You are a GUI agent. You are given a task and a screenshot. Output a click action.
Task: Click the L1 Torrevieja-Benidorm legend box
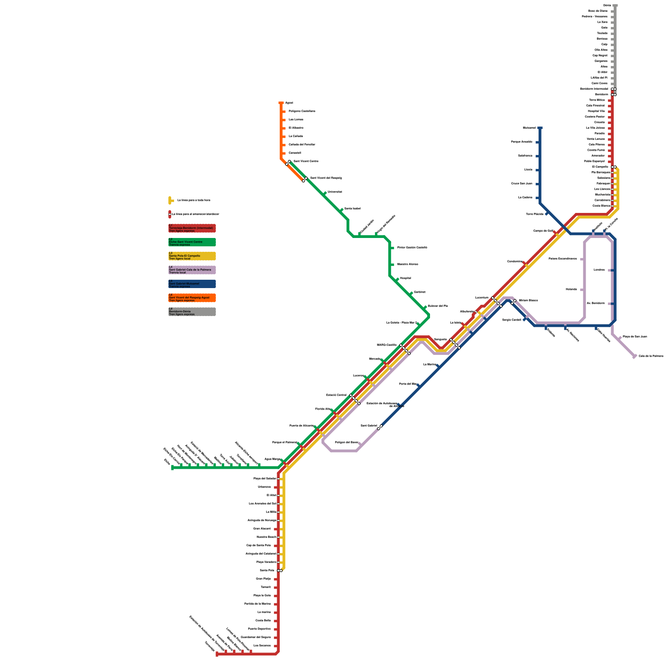pos(192,228)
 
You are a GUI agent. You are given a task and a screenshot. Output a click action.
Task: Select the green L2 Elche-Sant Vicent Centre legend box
pos(192,242)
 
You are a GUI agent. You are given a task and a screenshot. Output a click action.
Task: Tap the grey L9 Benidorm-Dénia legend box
pos(192,312)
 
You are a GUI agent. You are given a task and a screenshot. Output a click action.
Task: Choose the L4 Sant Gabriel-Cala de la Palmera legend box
pos(192,270)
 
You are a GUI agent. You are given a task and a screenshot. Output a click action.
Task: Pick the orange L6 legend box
pos(192,298)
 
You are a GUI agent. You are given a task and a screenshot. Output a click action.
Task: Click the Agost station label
pos(289,103)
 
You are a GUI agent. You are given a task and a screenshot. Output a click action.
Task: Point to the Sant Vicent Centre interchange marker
pos(288,162)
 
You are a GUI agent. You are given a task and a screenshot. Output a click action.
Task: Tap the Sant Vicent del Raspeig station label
pos(326,178)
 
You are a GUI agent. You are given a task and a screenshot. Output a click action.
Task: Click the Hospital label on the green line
pos(405,278)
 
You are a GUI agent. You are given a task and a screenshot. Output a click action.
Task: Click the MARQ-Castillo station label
pos(387,345)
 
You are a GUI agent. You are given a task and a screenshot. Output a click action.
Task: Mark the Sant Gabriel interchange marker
pos(380,427)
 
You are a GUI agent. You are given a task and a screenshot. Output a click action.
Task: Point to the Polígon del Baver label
pos(347,442)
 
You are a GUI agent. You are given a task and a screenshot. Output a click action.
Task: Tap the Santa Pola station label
pos(267,570)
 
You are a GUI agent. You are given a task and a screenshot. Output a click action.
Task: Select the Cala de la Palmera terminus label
pos(651,356)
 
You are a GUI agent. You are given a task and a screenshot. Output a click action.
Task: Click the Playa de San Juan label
pos(635,337)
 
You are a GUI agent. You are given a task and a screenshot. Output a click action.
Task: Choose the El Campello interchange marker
pos(614,167)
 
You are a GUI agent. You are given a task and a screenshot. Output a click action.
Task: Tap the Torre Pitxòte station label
pos(535,214)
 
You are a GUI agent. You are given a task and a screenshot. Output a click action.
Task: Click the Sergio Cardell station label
pos(511,320)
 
